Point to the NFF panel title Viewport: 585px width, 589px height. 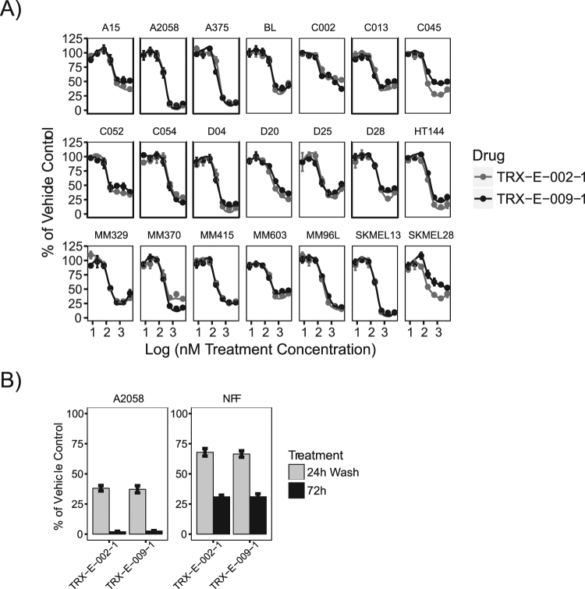[x=229, y=395]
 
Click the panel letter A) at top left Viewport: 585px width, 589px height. [x=13, y=14]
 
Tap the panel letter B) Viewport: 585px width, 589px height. [x=13, y=380]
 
